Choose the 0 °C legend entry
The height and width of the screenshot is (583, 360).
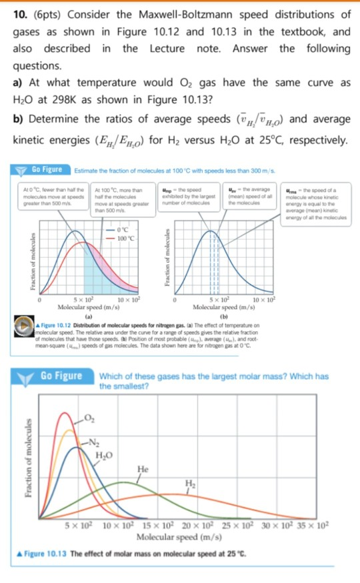[125, 231]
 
